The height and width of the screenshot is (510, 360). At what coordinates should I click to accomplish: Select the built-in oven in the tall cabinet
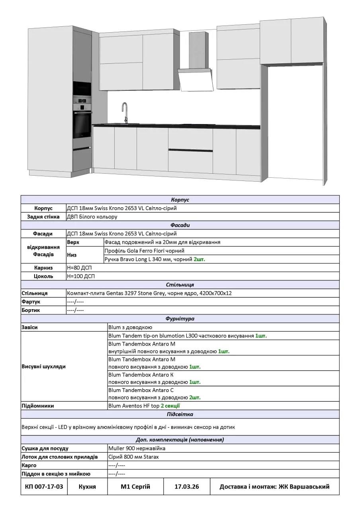coord(82,124)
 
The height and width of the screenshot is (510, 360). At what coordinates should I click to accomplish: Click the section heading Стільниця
coord(180,285)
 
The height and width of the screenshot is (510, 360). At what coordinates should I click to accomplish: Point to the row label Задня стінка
coord(43,217)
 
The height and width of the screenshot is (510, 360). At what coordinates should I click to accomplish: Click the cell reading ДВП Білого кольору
coord(92,217)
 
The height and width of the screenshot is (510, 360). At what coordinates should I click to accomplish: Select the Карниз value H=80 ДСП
coord(79,268)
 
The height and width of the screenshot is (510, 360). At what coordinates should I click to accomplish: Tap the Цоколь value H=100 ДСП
coord(80,276)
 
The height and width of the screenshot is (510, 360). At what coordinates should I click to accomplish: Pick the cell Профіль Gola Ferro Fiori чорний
coord(144,251)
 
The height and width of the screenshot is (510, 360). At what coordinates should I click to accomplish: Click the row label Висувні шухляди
coord(43,367)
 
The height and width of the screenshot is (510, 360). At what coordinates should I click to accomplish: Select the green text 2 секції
coord(170,406)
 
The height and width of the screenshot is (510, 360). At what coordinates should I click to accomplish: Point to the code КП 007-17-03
coord(44,486)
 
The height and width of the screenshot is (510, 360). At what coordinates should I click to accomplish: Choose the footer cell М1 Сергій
coord(135,486)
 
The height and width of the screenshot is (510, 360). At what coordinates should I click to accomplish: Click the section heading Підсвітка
coord(180,414)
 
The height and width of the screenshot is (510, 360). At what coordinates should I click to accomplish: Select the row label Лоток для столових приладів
coord(59,457)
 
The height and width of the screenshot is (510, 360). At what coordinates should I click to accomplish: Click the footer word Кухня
coord(87,486)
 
